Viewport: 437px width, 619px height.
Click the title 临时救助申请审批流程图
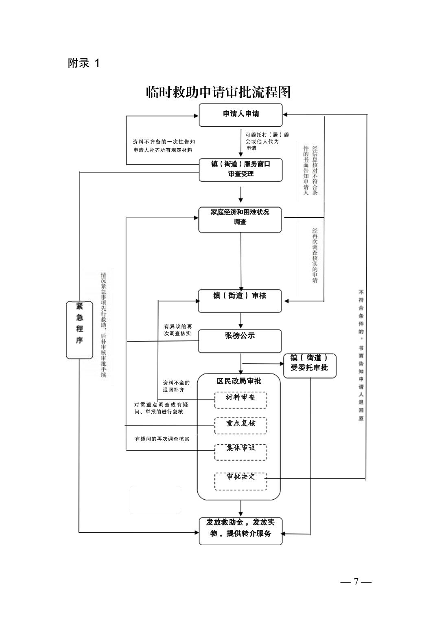pyautogui.click(x=218, y=92)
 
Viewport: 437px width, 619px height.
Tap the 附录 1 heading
pyautogui.click(x=83, y=63)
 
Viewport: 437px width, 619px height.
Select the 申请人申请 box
pyautogui.click(x=240, y=114)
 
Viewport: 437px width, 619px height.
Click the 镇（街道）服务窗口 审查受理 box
pyautogui.click(x=240, y=169)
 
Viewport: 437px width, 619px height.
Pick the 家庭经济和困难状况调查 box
pyautogui.click(x=240, y=220)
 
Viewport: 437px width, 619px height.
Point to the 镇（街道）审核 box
pyautogui.click(x=240, y=301)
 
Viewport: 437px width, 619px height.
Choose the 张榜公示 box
pyautogui.click(x=240, y=340)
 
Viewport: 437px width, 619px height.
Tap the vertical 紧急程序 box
pyautogui.click(x=79, y=329)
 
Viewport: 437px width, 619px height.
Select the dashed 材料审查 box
pyautogui.click(x=240, y=399)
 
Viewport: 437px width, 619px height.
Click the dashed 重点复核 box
pyautogui.click(x=240, y=425)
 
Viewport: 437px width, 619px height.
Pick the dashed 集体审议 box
pyautogui.click(x=240, y=451)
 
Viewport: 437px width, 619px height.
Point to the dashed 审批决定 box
pyautogui.click(x=240, y=481)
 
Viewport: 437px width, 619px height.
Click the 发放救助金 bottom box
pyautogui.click(x=240, y=531)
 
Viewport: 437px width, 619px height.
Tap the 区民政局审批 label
pyautogui.click(x=239, y=381)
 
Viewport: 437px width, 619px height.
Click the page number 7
pyautogui.click(x=356, y=582)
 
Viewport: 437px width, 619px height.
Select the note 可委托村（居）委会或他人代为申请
pyautogui.click(x=267, y=141)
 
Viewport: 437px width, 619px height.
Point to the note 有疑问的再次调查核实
pyautogui.click(x=162, y=439)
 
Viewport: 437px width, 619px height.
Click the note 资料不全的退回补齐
pyautogui.click(x=176, y=386)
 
